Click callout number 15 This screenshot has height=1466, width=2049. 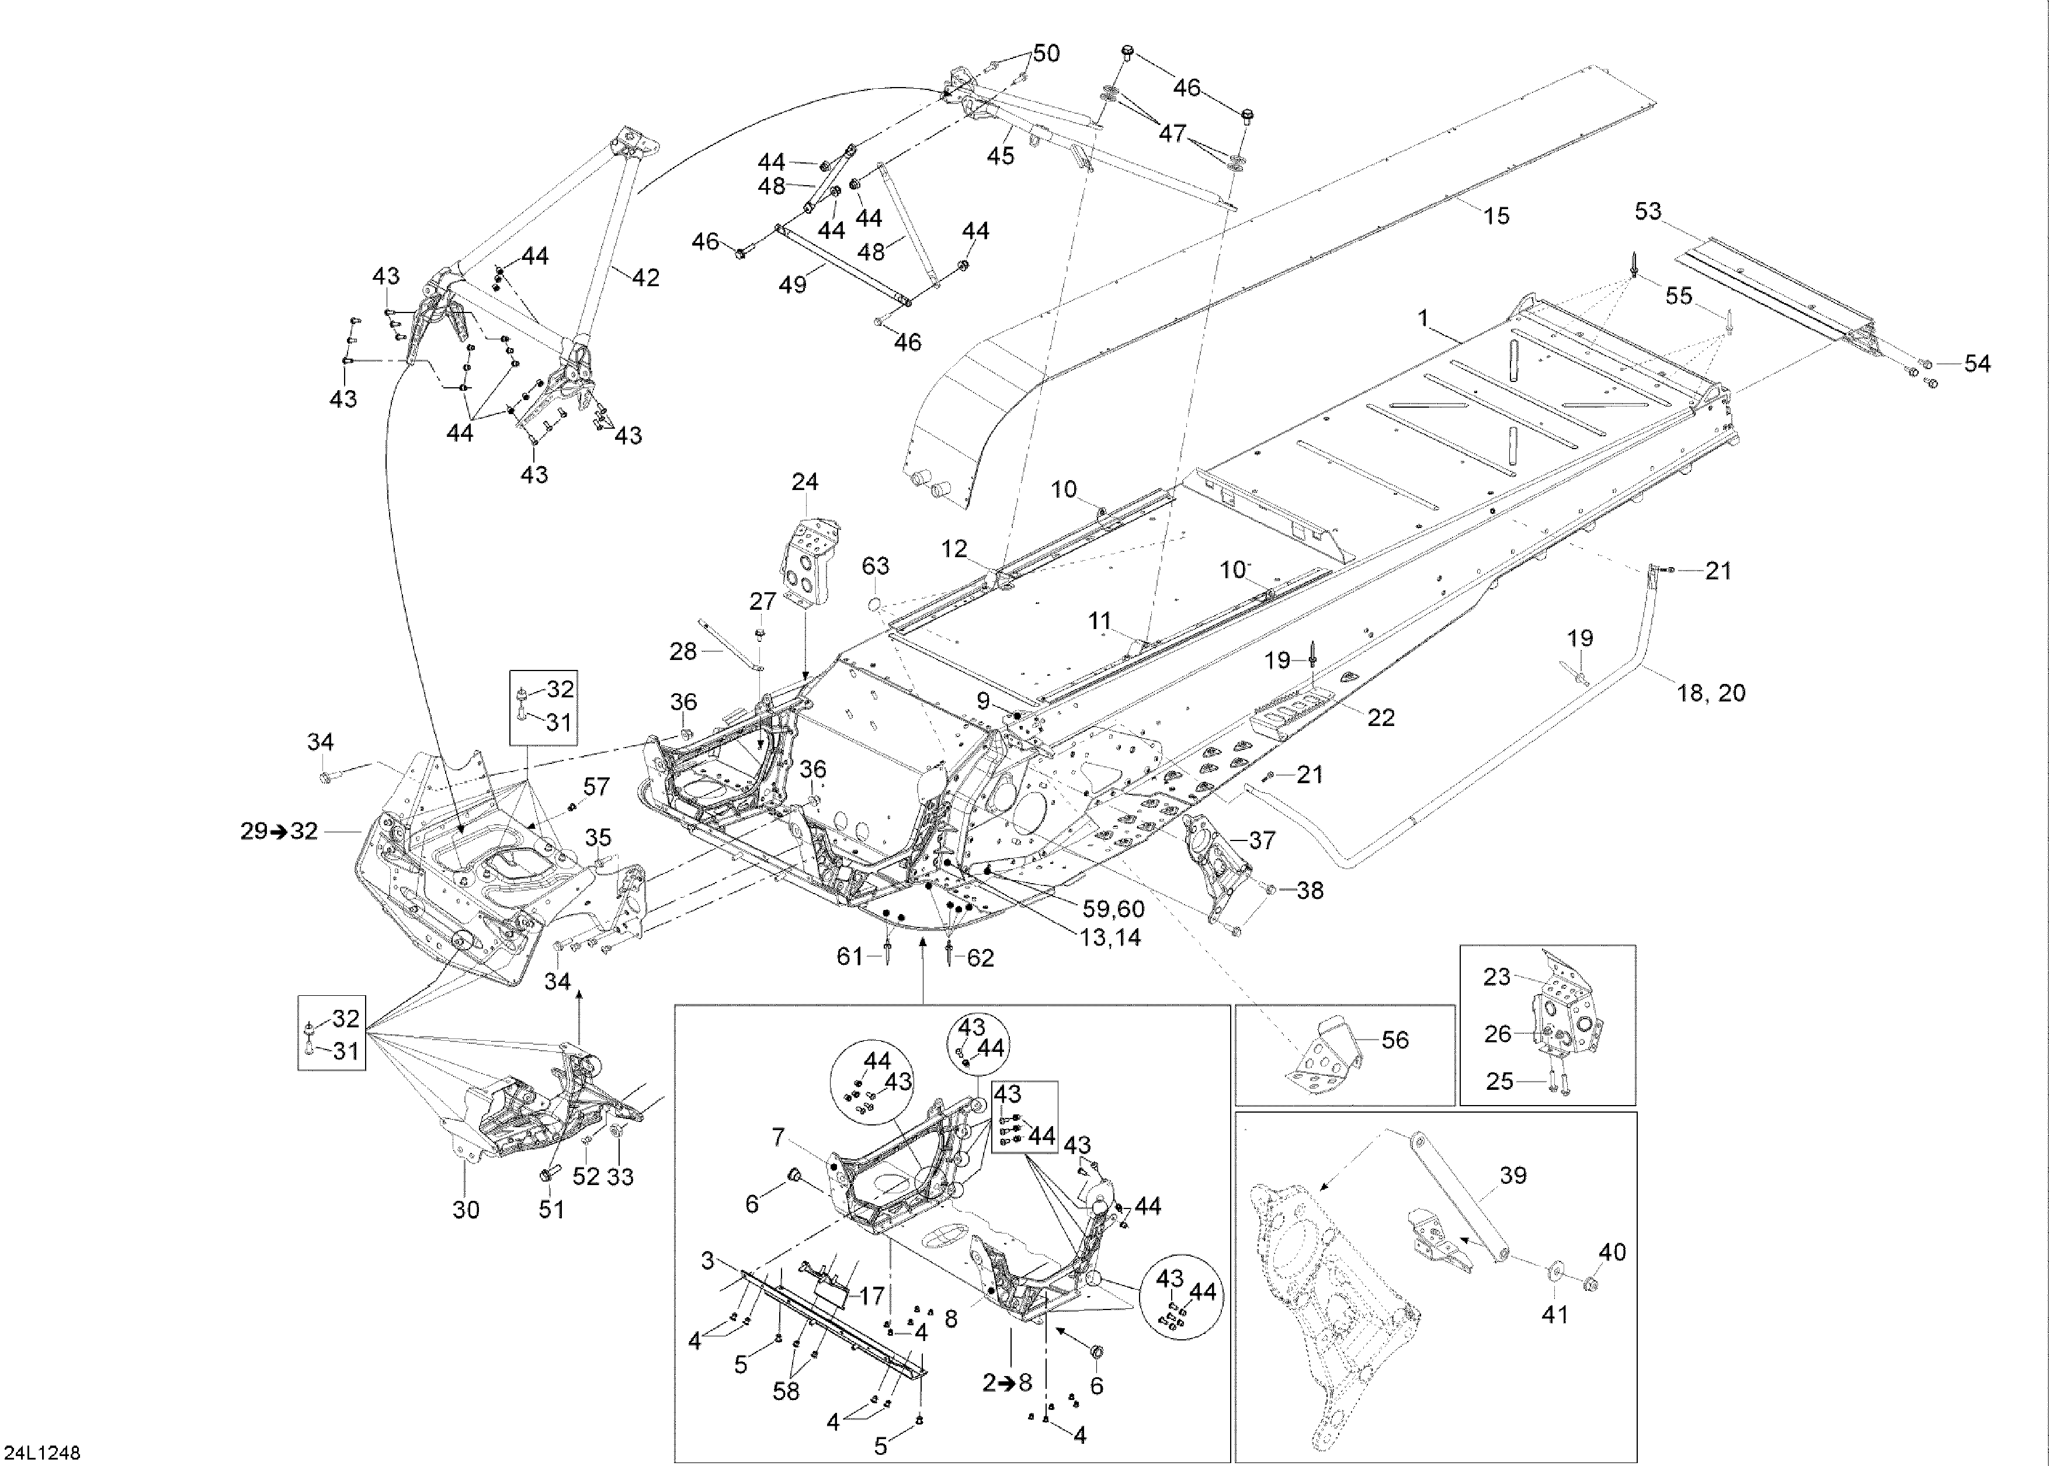click(1496, 216)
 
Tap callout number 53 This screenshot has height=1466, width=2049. click(1647, 212)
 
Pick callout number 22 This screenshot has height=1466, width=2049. click(1381, 718)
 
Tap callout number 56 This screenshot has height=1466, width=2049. click(1395, 1040)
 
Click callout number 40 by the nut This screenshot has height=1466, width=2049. click(1612, 1252)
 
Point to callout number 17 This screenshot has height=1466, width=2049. click(871, 1296)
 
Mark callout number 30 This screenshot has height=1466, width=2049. click(466, 1209)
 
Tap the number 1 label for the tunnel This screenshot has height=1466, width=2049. click(1423, 319)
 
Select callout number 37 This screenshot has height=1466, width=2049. click(1261, 840)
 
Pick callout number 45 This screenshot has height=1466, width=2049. click(1000, 156)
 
